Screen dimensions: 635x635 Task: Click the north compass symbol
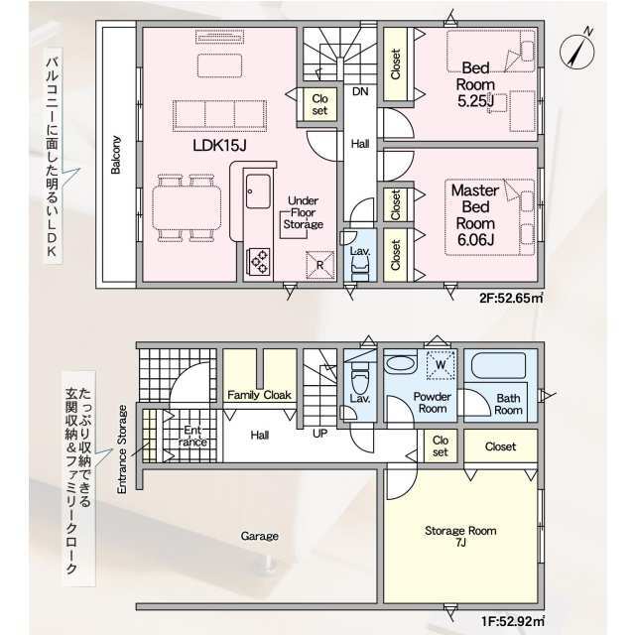pos(576,51)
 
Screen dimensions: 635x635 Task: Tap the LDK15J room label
pos(219,146)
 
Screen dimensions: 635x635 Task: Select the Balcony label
pos(116,155)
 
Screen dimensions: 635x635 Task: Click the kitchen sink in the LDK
pos(258,191)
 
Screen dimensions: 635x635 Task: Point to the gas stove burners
pos(258,261)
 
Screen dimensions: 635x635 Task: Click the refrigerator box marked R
pos(319,265)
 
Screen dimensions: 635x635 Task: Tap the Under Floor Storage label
pos(304,212)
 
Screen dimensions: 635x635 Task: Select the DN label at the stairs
pos(360,91)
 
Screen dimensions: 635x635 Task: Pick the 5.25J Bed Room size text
pos(476,101)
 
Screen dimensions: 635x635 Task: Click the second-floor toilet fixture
pos(360,269)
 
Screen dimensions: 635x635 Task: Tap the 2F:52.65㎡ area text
pos(511,298)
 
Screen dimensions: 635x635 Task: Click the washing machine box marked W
pos(441,364)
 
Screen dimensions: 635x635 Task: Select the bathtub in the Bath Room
pos(498,366)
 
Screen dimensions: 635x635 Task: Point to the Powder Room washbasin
pos(400,363)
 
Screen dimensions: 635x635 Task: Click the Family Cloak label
pos(259,395)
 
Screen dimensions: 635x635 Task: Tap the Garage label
pos(260,536)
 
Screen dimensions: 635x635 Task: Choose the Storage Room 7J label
pos(460,536)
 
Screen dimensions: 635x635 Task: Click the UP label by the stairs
pos(319,434)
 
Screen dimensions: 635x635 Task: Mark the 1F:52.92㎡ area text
pos(512,622)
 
